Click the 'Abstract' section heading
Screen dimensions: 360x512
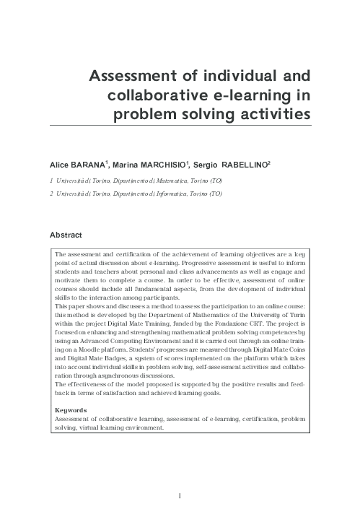coord(66,235)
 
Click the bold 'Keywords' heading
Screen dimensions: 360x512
coord(71,410)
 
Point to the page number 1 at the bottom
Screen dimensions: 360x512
coord(180,495)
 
